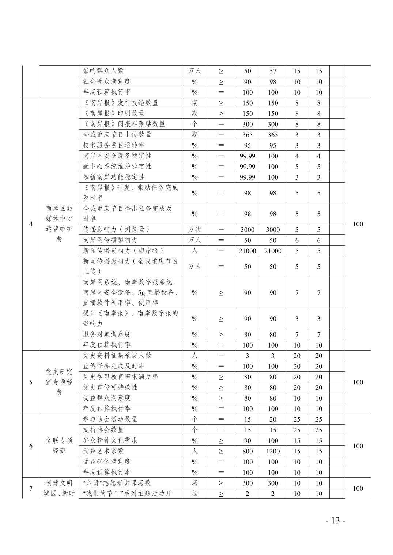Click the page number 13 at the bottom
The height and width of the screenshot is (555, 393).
point(335,520)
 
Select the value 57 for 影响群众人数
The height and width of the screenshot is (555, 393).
point(273,71)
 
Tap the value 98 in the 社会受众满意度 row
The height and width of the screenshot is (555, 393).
point(273,82)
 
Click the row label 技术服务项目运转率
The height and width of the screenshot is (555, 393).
point(114,145)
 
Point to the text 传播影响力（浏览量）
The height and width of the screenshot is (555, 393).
point(116,229)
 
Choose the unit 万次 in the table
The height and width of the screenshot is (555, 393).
point(194,229)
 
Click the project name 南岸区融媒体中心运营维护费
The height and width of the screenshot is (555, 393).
point(59,224)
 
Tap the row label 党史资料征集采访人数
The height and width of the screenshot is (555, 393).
point(117,355)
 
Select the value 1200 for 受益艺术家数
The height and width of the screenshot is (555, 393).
point(273,451)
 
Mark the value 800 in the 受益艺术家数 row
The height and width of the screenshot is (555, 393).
point(247,451)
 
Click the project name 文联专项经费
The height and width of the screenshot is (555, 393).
point(59,446)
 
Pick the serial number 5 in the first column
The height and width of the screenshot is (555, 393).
point(31,382)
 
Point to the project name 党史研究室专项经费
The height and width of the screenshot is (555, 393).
point(59,382)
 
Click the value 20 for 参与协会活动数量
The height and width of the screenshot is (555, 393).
point(273,420)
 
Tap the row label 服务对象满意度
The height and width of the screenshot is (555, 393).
point(107,334)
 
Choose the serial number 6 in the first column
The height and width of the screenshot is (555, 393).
point(31,446)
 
